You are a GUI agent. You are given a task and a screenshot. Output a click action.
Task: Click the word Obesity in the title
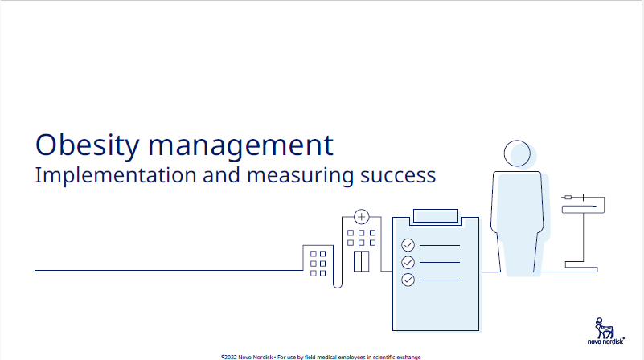click(x=87, y=145)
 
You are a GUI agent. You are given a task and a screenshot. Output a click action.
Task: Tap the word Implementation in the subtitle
click(x=116, y=176)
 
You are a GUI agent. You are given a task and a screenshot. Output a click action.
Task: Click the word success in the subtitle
click(x=398, y=176)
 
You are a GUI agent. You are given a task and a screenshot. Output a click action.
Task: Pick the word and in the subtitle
click(x=221, y=175)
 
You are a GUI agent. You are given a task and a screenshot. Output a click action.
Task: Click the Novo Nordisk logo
click(x=605, y=331)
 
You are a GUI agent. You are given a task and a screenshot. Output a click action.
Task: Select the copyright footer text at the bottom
click(x=321, y=357)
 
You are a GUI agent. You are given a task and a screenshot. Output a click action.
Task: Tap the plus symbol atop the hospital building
click(x=362, y=217)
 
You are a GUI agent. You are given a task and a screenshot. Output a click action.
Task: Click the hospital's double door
click(x=362, y=261)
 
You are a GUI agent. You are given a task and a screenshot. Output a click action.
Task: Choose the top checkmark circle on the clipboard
click(x=408, y=245)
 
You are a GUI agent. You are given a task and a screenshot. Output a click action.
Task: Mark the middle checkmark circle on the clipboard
click(x=408, y=262)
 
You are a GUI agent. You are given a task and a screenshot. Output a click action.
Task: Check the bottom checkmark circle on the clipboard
click(x=408, y=280)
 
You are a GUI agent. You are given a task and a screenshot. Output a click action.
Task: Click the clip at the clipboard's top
click(x=435, y=216)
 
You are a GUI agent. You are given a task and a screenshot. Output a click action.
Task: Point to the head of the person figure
click(x=517, y=153)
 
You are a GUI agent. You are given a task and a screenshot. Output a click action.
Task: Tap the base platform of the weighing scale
click(x=581, y=267)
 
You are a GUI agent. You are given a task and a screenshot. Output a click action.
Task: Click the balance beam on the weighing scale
click(x=583, y=204)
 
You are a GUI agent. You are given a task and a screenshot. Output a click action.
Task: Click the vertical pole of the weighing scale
click(x=583, y=237)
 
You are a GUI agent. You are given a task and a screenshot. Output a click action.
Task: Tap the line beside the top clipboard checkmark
click(x=440, y=245)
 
